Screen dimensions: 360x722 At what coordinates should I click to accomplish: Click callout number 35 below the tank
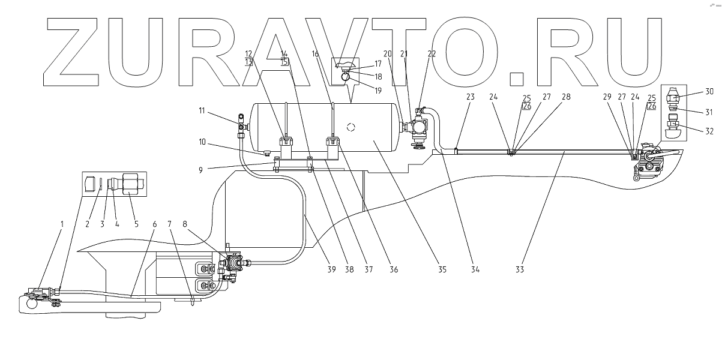click(441, 270)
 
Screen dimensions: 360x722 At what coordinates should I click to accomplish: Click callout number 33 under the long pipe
click(520, 270)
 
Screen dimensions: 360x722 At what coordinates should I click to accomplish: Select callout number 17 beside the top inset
click(378, 64)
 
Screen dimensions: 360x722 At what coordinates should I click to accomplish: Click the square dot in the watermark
click(516, 79)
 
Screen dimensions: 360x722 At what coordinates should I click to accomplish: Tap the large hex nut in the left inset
click(129, 183)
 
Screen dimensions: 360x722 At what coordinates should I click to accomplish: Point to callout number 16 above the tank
click(316, 54)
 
